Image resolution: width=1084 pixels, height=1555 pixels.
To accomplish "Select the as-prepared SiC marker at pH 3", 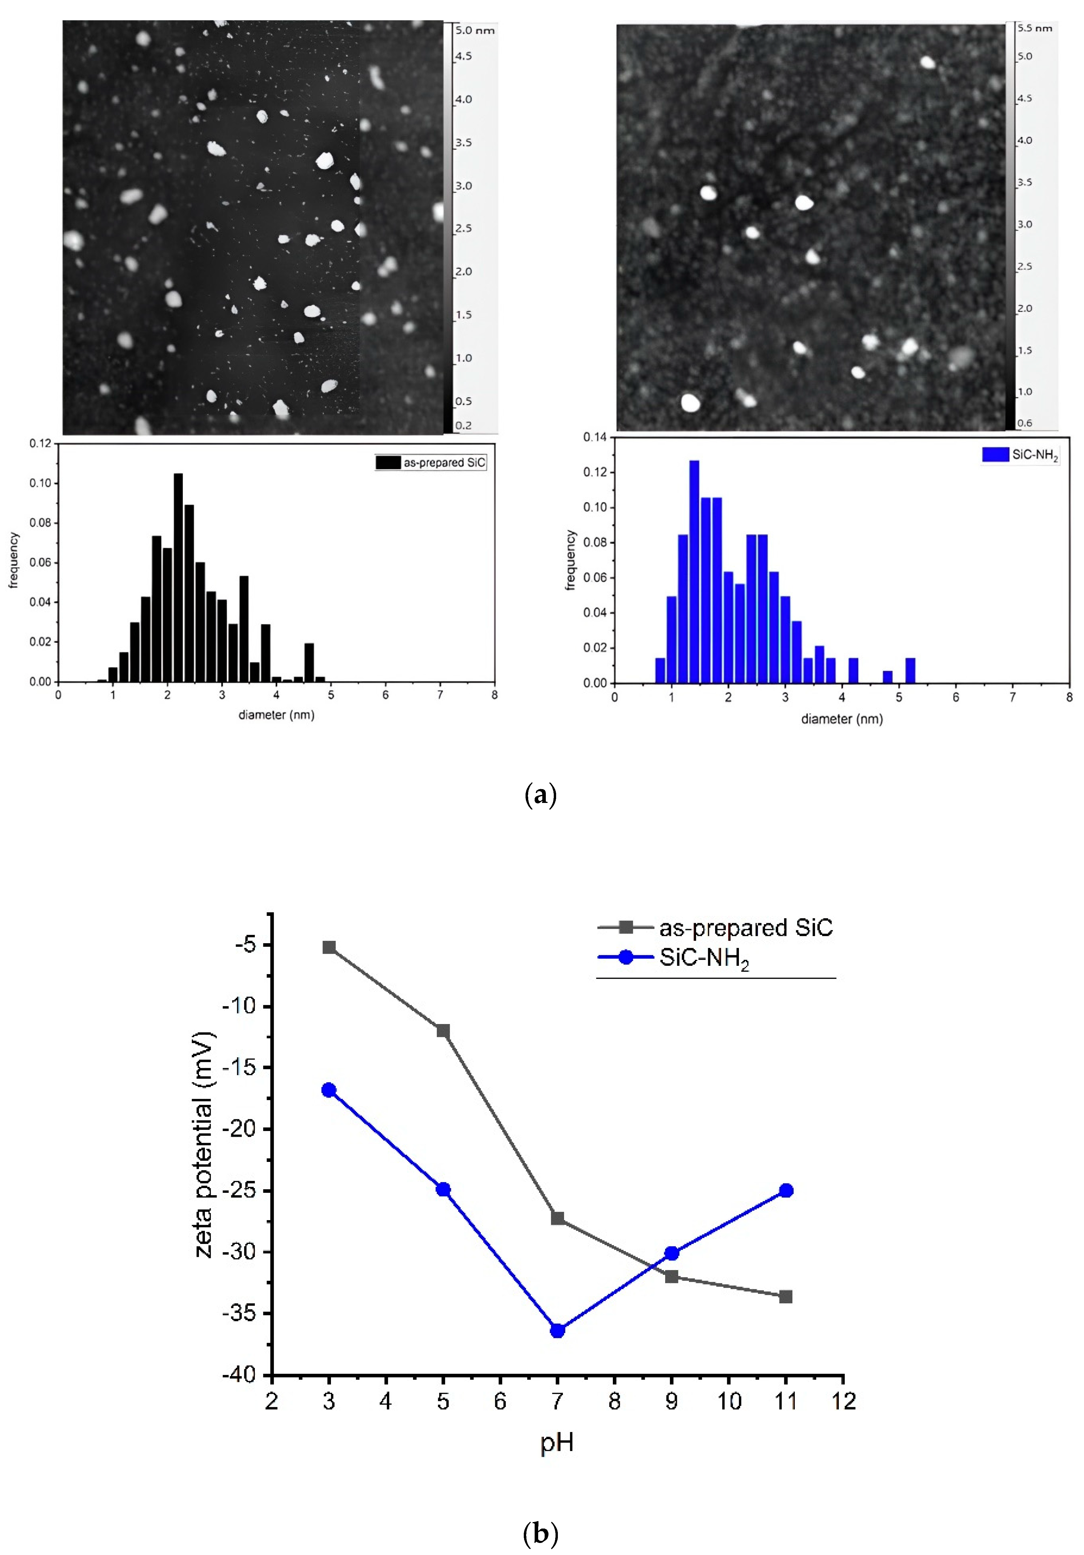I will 329,947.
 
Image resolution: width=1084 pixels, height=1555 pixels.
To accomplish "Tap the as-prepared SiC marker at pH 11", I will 785,1296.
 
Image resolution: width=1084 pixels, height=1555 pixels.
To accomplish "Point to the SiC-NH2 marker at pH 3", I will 329,1090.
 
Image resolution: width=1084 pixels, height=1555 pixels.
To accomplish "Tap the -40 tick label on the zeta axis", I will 239,1375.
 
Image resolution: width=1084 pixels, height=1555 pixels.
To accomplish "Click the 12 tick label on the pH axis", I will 843,1401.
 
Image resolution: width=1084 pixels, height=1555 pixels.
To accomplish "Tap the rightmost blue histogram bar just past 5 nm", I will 910,670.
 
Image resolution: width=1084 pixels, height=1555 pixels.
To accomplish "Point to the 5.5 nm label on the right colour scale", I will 1035,28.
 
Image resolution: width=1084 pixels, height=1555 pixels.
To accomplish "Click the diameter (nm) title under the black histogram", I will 276,714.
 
